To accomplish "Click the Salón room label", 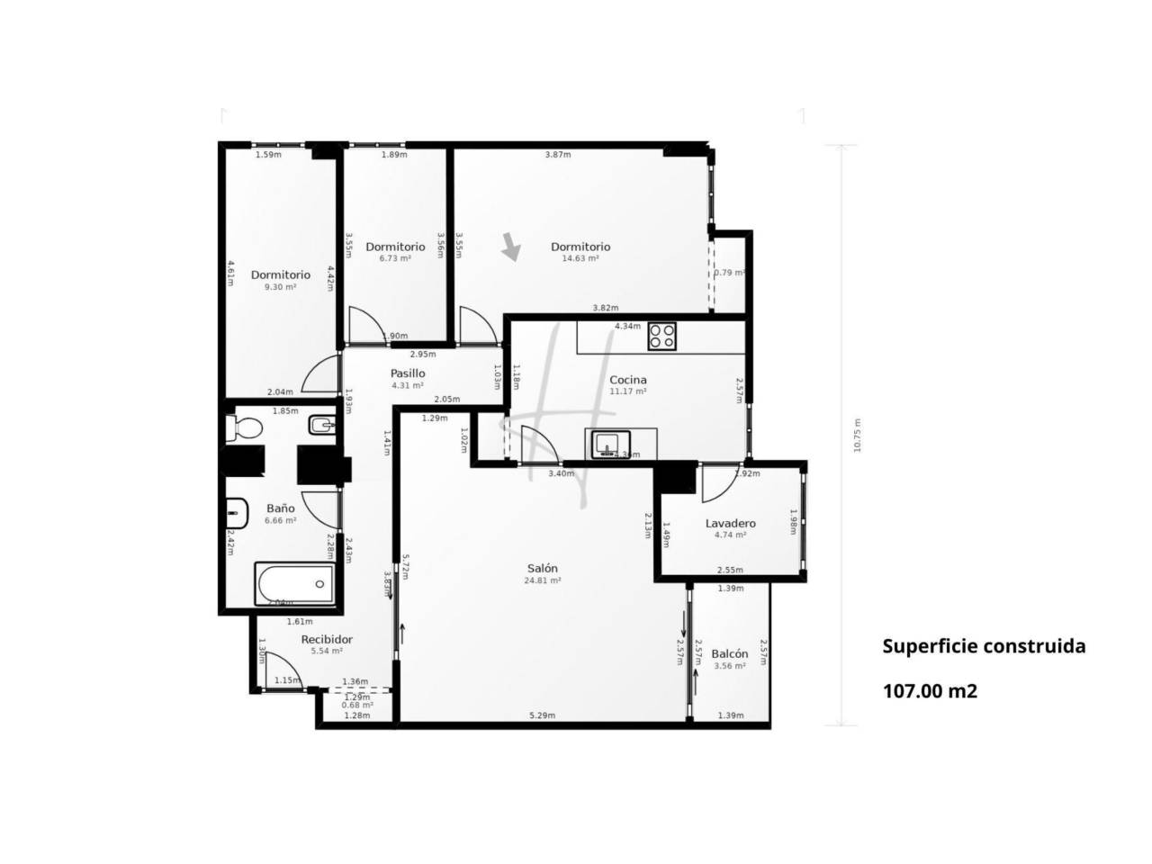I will pyautogui.click(x=543, y=568).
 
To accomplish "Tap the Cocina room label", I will pyautogui.click(x=627, y=380).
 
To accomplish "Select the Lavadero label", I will pyautogui.click(x=730, y=523).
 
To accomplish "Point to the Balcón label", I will pyautogui.click(x=729, y=654).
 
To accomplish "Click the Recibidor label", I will pyautogui.click(x=326, y=639).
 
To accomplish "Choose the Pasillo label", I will pyautogui.click(x=408, y=373).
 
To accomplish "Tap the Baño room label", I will pyautogui.click(x=280, y=508).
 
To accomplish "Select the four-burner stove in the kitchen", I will pyautogui.click(x=662, y=337).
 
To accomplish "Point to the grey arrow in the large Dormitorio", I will pyautogui.click(x=511, y=247).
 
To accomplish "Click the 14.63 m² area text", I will pyautogui.click(x=580, y=258).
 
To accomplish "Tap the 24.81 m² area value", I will pyautogui.click(x=543, y=580).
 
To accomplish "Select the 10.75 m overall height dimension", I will pyautogui.click(x=858, y=436).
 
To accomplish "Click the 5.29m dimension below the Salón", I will pyautogui.click(x=542, y=715).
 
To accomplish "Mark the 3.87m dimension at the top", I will pyautogui.click(x=558, y=155).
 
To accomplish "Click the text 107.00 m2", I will pyautogui.click(x=930, y=691).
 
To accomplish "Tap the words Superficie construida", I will pyautogui.click(x=984, y=646).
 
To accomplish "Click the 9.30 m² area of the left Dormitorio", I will pyautogui.click(x=280, y=287).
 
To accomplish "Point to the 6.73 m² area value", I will pyautogui.click(x=395, y=258).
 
